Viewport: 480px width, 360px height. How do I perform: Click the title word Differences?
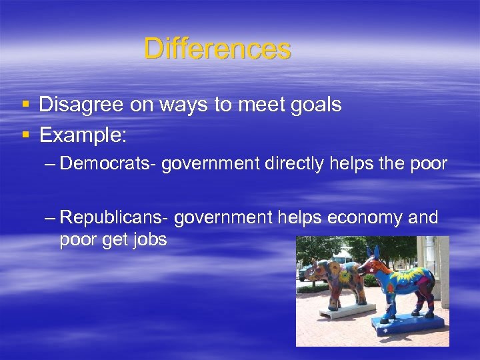(x=217, y=49)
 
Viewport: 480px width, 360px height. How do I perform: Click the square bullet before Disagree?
(x=25, y=105)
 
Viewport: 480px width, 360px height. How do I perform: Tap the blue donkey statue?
(x=403, y=283)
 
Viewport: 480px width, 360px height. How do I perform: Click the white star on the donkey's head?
(x=369, y=262)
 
